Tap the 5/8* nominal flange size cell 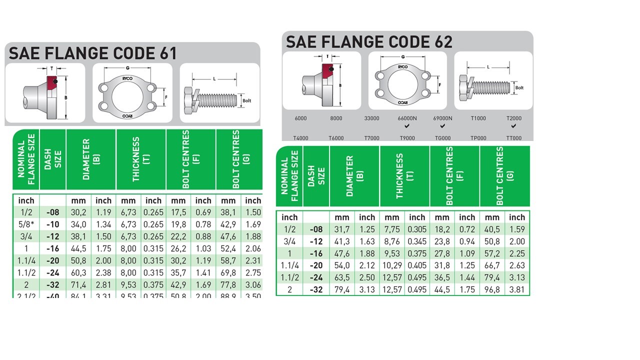click(26, 224)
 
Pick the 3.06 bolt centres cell click(253, 284)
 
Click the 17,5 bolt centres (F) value click(178, 212)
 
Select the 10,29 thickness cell click(392, 265)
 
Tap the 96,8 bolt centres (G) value click(492, 289)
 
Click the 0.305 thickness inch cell click(417, 229)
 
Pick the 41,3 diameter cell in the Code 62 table click(342, 241)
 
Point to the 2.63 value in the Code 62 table click(517, 265)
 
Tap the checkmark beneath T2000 click(513, 126)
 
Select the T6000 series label click(335, 138)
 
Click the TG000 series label click(442, 138)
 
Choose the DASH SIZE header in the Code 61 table click(52, 159)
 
